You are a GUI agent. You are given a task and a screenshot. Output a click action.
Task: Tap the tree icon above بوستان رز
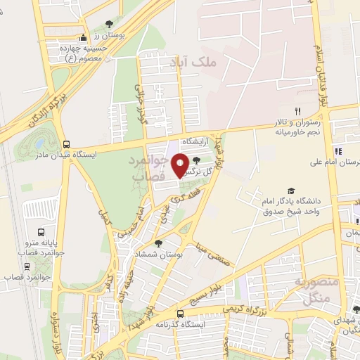click(108, 23)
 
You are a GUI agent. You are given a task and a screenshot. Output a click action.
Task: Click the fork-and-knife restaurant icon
click(297, 112)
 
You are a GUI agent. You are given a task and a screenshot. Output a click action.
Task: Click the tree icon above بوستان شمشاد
click(159, 244)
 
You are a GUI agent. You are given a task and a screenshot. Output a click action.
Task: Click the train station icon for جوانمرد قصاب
click(27, 266)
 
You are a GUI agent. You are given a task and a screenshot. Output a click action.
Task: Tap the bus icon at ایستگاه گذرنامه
click(180, 314)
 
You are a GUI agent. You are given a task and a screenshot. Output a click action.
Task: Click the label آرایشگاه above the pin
click(197, 142)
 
